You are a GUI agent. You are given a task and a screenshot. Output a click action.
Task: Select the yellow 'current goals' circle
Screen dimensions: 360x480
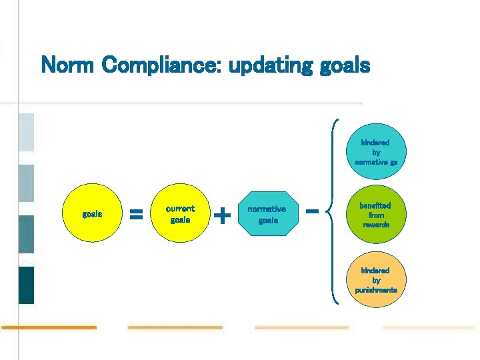(x=180, y=214)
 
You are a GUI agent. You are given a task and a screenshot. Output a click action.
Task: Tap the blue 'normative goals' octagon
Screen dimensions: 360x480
(x=267, y=214)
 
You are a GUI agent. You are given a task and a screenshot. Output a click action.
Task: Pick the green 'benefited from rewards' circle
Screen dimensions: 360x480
(x=376, y=215)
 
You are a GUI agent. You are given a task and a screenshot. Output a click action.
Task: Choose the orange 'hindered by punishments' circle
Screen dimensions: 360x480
(x=376, y=280)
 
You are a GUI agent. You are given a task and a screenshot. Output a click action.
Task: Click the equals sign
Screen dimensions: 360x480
(x=136, y=215)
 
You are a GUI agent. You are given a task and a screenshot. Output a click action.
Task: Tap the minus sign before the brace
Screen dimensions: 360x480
(x=311, y=211)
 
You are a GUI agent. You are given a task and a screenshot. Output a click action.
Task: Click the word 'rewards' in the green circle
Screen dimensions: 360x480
(x=376, y=225)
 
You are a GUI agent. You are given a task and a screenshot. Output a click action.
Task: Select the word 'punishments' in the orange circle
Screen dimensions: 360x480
(x=376, y=290)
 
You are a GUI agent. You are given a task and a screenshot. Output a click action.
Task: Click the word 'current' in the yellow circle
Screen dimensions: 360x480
(x=180, y=209)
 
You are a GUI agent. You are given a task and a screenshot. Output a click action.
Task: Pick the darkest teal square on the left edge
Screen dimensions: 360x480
(x=26, y=285)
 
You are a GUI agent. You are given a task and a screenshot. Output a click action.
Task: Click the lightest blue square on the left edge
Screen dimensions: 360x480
(x=26, y=131)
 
